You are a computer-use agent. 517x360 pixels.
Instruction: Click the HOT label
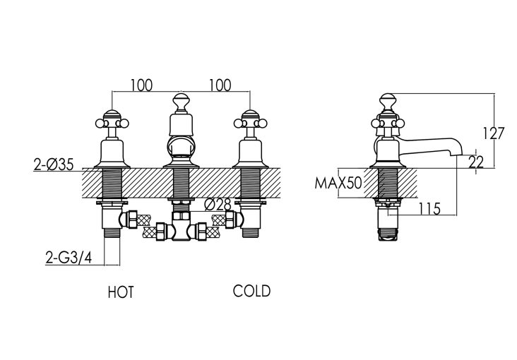[x=121, y=292]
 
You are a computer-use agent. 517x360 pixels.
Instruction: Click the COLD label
[x=251, y=291]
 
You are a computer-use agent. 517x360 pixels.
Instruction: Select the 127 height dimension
[x=494, y=133]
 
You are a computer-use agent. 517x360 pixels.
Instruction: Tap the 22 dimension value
[x=476, y=162]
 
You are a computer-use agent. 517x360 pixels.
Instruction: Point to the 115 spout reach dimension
[x=429, y=209]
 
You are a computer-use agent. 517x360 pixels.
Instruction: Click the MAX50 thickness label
[x=338, y=183]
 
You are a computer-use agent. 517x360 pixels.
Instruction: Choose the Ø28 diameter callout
[x=218, y=205]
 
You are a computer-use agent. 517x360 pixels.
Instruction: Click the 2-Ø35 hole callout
[x=54, y=164]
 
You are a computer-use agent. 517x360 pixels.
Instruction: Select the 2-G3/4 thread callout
[x=69, y=258]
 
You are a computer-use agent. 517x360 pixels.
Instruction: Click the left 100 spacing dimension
[x=142, y=85]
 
